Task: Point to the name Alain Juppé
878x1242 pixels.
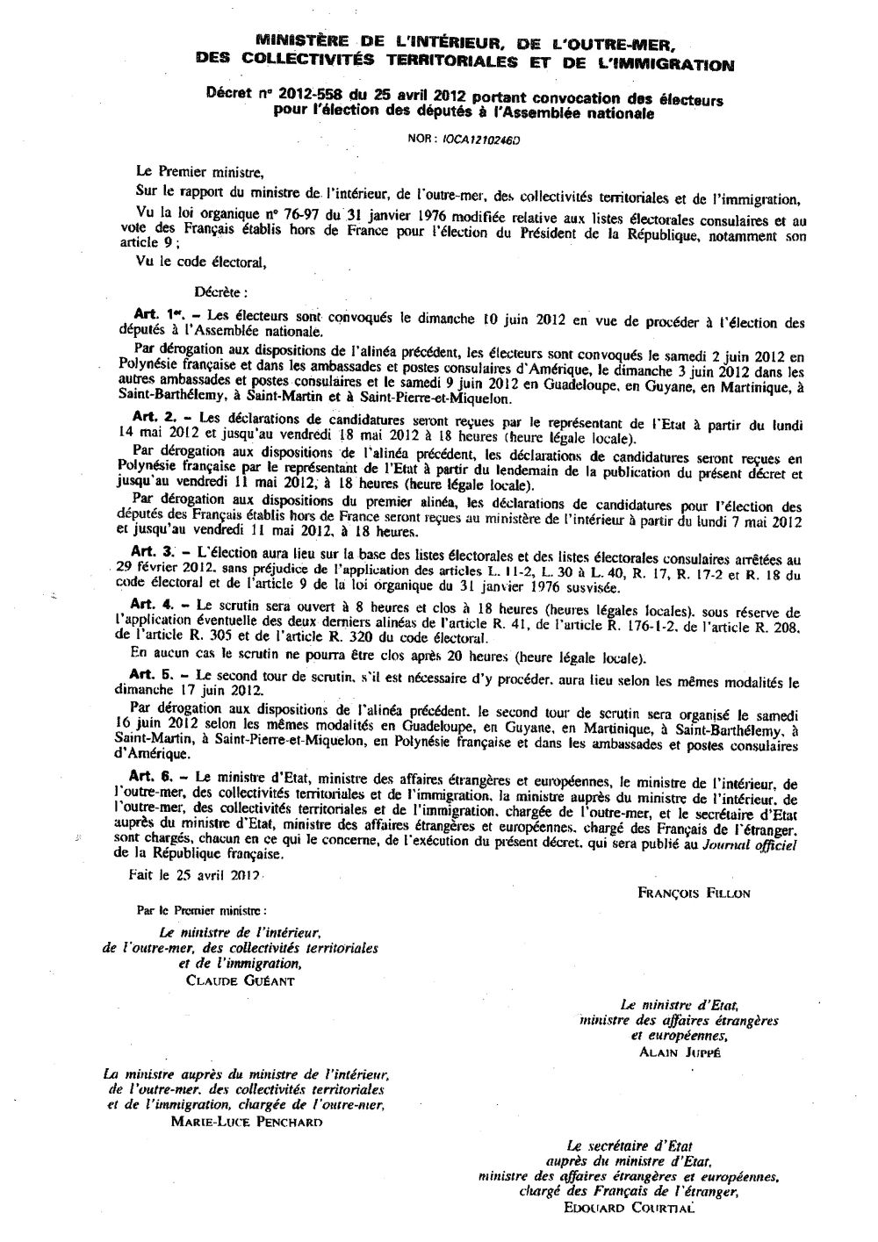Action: pos(680,1051)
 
